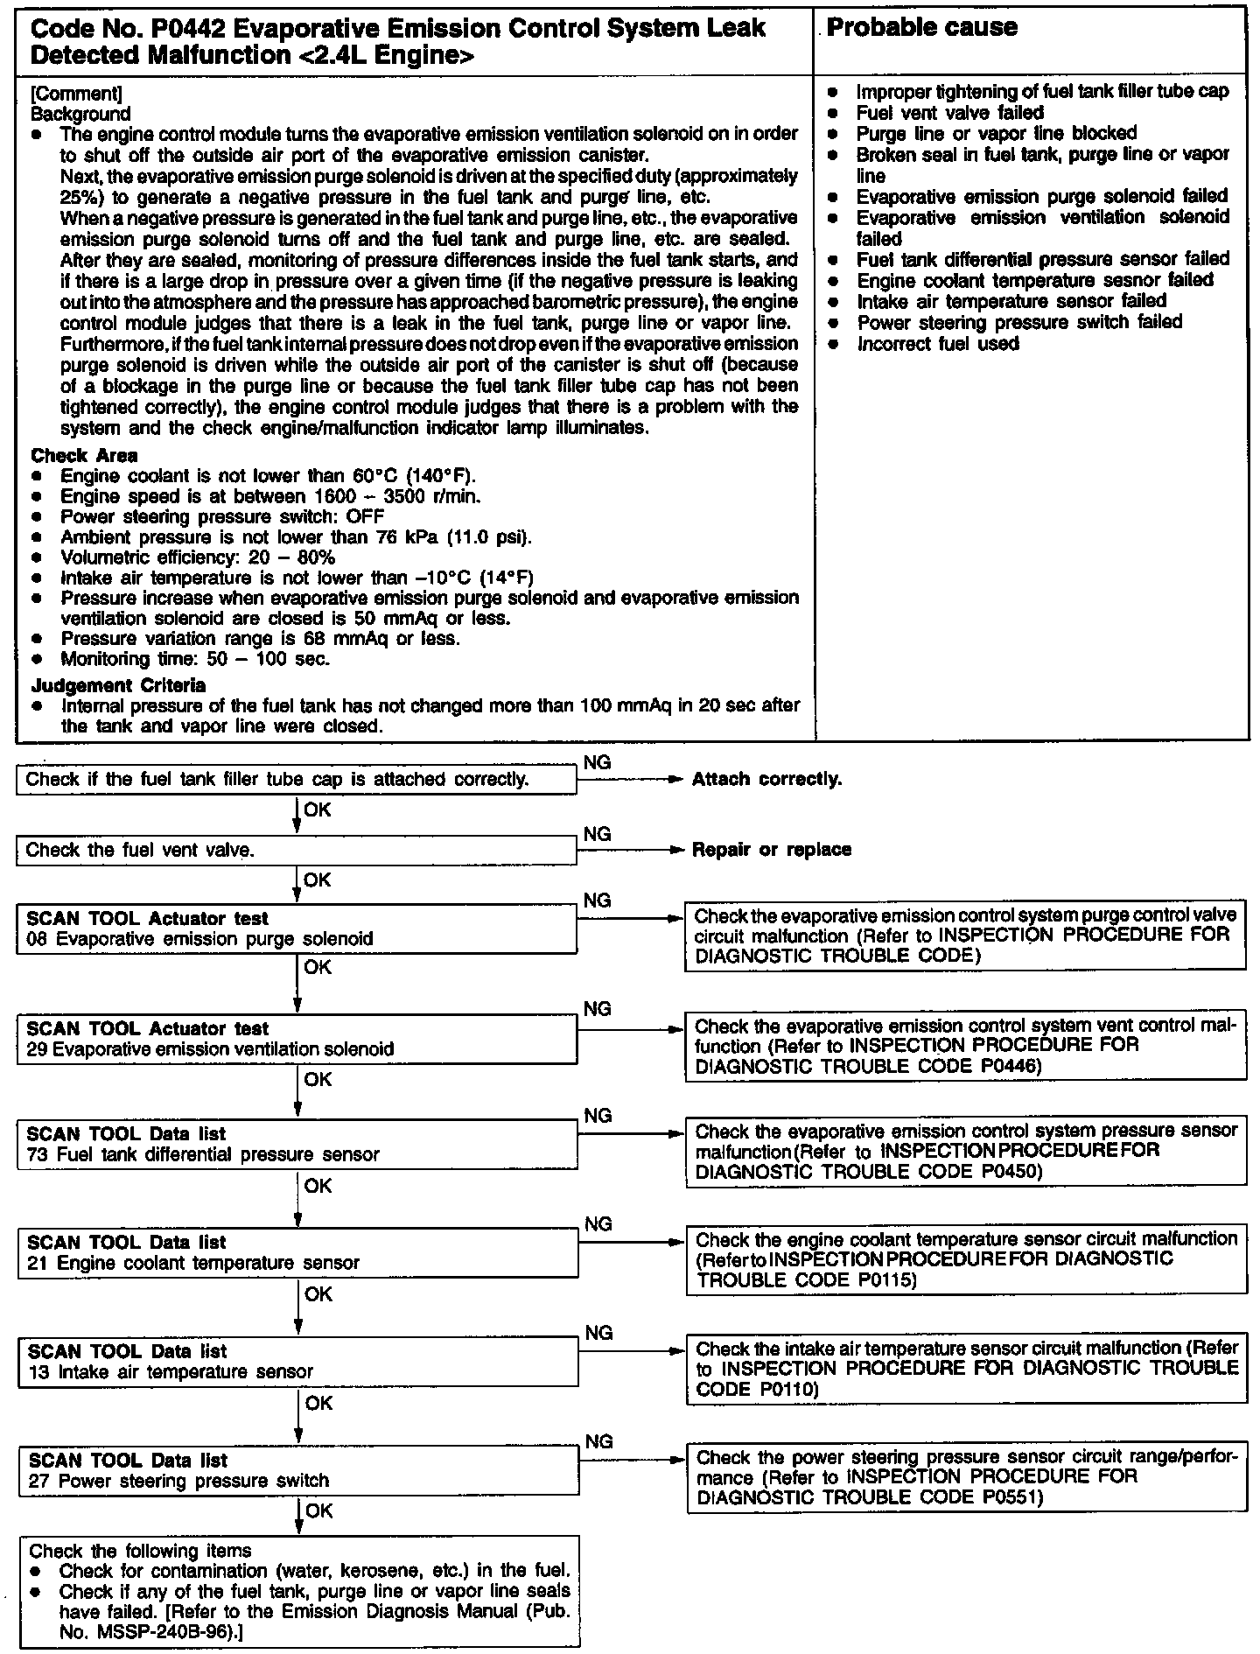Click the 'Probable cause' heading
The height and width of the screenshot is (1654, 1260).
click(921, 28)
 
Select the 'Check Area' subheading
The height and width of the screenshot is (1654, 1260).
click(84, 455)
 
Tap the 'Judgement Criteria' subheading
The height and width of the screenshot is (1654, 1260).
click(118, 684)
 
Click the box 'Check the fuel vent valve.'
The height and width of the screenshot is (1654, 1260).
click(296, 850)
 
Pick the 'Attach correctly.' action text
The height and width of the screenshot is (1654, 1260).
click(766, 779)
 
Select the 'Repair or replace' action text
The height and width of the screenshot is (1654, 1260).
click(771, 850)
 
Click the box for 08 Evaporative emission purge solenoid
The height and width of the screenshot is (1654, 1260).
click(296, 929)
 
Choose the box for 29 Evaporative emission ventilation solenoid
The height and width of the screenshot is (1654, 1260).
click(296, 1039)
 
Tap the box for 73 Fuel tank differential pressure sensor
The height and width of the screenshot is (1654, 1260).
click(296, 1145)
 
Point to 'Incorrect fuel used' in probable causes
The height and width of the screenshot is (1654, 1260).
click(937, 344)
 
